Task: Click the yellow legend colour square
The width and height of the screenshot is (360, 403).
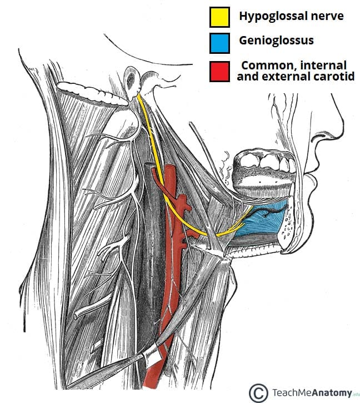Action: click(x=219, y=17)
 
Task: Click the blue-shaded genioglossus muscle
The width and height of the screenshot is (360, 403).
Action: click(x=261, y=226)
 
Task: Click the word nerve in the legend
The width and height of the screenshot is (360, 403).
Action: click(x=328, y=16)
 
